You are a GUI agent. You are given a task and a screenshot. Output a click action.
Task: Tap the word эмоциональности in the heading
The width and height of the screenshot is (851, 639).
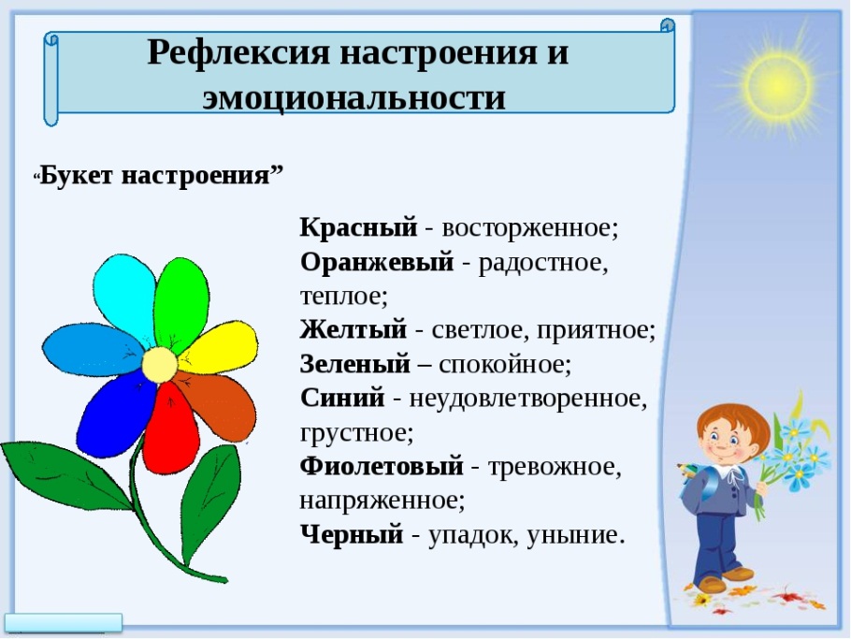click(x=353, y=98)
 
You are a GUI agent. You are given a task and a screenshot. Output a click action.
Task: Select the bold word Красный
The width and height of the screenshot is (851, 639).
click(x=359, y=227)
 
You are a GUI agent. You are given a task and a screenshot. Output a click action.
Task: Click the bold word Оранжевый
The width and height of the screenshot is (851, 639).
click(x=377, y=262)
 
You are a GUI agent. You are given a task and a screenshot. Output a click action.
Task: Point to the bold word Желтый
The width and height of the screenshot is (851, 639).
click(x=353, y=329)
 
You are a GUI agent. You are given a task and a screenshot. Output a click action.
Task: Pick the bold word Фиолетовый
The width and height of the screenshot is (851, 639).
click(x=382, y=466)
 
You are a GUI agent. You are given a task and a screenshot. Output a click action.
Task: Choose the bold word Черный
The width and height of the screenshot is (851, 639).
click(x=352, y=535)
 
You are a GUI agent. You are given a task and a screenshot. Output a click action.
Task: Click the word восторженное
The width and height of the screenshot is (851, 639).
click(x=529, y=228)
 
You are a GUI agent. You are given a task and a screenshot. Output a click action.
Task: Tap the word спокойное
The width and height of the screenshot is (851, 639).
click(x=505, y=365)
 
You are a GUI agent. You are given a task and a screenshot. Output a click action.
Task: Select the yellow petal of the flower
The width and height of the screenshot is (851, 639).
click(x=220, y=347)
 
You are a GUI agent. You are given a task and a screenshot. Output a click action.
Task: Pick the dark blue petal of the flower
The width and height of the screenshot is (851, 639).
click(x=117, y=415)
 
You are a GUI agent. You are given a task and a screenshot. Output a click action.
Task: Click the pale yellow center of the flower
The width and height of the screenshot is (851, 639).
click(x=160, y=365)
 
